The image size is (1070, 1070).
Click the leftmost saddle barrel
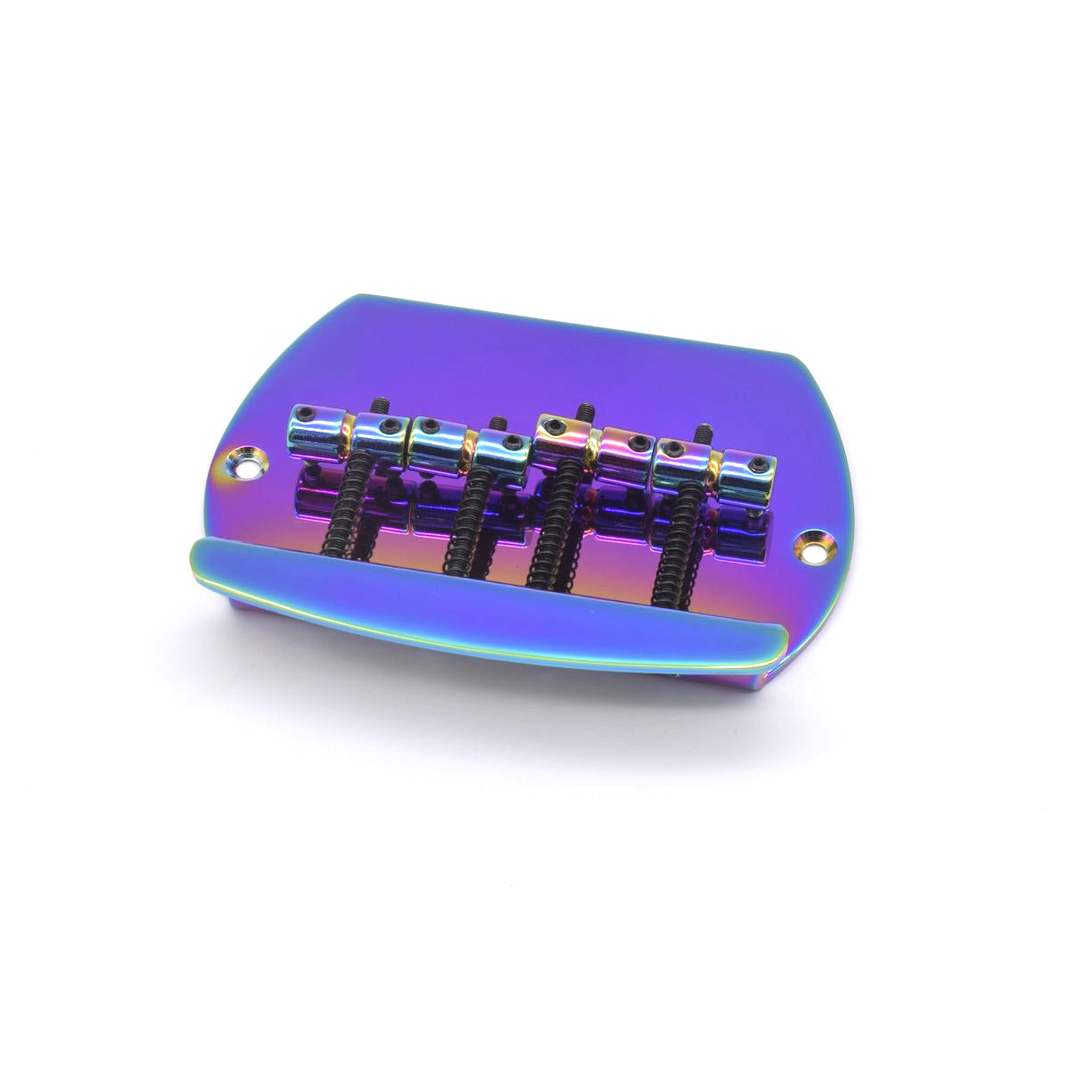pos(317,426)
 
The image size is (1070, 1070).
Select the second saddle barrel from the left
pos(378,435)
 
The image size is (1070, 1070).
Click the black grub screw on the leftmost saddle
pos(306,412)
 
